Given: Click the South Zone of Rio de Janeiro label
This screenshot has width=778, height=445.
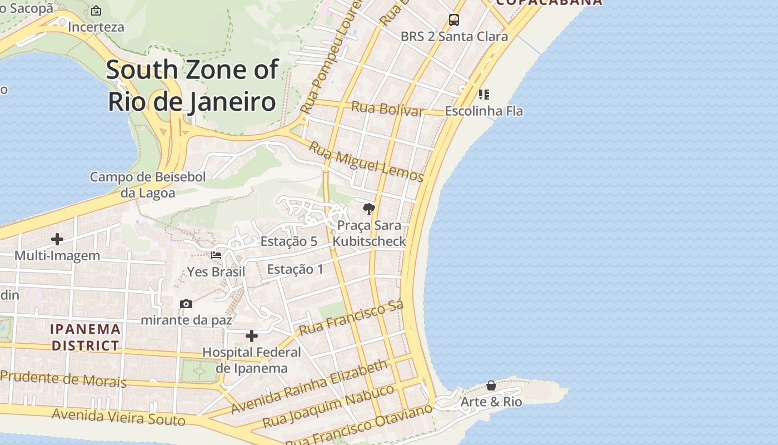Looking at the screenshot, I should coord(192,86).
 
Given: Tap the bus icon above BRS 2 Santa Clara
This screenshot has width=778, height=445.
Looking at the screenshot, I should coord(454,20).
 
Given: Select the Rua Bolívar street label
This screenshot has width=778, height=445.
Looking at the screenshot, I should coord(387,108).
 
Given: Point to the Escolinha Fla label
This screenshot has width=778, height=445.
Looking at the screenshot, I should coord(483,111).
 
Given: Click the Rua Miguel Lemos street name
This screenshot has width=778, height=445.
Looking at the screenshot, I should coord(366,161).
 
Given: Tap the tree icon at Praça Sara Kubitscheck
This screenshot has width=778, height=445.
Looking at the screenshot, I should coord(368,209).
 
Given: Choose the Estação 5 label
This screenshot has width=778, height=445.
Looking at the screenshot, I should coord(288,241).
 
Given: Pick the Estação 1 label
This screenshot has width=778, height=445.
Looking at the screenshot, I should coord(295,269).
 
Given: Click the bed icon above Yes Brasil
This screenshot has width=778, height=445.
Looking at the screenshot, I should coord(216,255).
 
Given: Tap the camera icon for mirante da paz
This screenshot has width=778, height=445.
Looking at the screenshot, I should coord(186,304).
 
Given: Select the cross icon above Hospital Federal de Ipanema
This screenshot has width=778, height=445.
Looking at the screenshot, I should coord(252,336).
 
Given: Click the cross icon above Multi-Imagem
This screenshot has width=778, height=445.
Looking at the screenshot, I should coord(57,239).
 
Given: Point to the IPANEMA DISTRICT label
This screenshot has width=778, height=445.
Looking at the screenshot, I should coord(86,337).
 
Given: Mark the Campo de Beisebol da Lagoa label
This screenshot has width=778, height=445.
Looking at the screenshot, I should coord(148,185).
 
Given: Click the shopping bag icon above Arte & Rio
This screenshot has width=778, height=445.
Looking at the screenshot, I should coord(491,385).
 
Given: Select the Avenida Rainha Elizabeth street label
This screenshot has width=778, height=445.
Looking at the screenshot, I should coord(309,386).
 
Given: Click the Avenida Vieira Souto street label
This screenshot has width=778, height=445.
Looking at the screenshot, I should coord(118,417).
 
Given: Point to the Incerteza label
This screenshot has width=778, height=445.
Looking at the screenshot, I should coord(96,27).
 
